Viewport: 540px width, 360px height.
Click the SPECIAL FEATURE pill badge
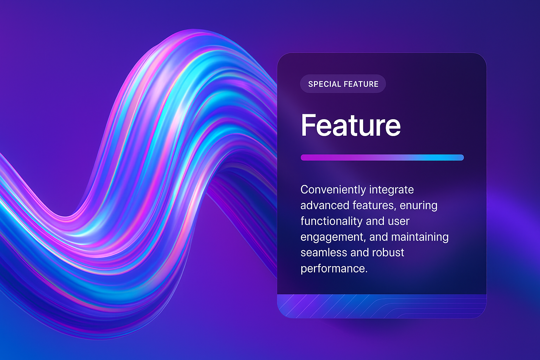point(343,84)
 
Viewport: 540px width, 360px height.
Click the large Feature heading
point(351,126)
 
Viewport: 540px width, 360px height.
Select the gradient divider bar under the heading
point(382,157)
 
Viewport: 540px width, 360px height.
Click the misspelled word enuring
point(418,206)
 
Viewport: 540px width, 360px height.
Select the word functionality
point(332,221)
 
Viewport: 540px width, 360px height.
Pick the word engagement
point(333,237)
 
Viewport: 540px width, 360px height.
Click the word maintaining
point(420,237)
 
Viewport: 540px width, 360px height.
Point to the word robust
point(388,253)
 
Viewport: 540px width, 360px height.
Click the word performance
point(334,269)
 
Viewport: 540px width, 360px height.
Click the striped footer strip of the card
point(382,306)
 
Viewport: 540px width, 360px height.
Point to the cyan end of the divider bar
point(461,157)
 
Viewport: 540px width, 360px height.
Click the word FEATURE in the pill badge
point(361,84)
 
